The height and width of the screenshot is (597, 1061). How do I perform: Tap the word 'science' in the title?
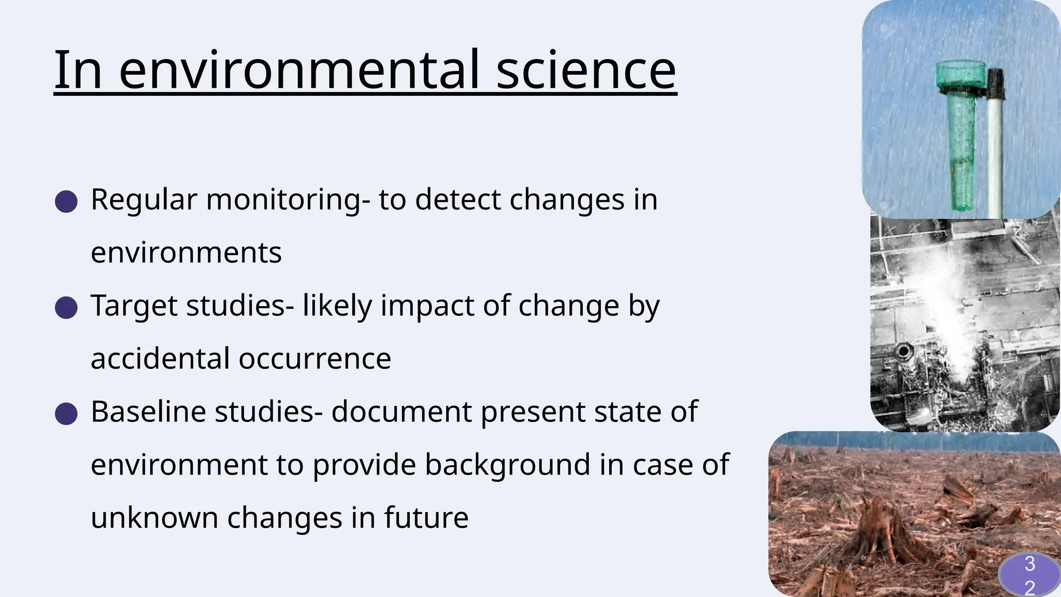[x=586, y=69]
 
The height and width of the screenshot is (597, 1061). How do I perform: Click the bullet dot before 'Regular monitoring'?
[x=66, y=201]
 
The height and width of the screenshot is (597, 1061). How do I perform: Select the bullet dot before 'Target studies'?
[x=66, y=307]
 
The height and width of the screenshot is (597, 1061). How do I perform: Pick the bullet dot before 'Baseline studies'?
[x=66, y=414]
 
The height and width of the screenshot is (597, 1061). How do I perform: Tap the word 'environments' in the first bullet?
[x=186, y=253]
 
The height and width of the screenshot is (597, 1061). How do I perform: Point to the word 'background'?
[x=508, y=465]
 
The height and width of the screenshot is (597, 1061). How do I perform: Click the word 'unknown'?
[x=154, y=518]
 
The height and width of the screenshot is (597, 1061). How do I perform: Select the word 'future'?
[x=426, y=518]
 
